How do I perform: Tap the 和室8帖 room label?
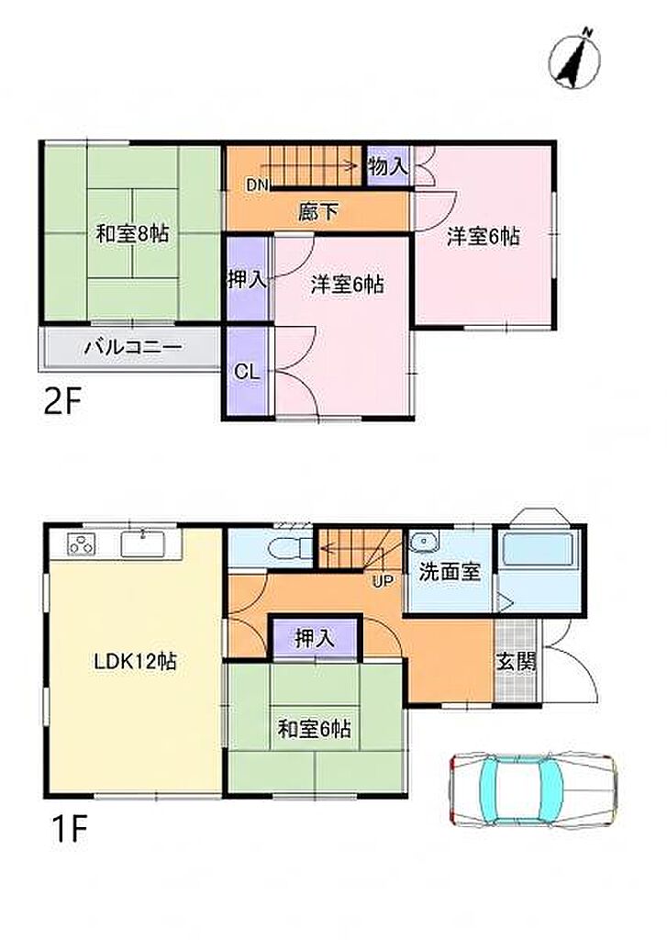pyautogui.click(x=132, y=233)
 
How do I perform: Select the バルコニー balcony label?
pyautogui.click(x=132, y=347)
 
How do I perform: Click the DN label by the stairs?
pyautogui.click(x=258, y=185)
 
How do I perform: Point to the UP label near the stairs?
pyautogui.click(x=383, y=580)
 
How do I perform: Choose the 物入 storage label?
pyautogui.click(x=388, y=166)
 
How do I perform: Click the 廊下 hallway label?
pyautogui.click(x=317, y=211)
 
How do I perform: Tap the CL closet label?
pyautogui.click(x=247, y=372)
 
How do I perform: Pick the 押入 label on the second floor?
pyautogui.click(x=246, y=279)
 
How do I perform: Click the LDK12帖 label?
pyautogui.click(x=134, y=662)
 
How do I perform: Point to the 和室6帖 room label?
pyautogui.click(x=314, y=730)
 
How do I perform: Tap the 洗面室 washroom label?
pyautogui.click(x=450, y=572)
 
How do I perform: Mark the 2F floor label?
pyautogui.click(x=62, y=402)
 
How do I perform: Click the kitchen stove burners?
pyautogui.click(x=82, y=544)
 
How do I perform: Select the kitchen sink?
pyautogui.click(x=142, y=543)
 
